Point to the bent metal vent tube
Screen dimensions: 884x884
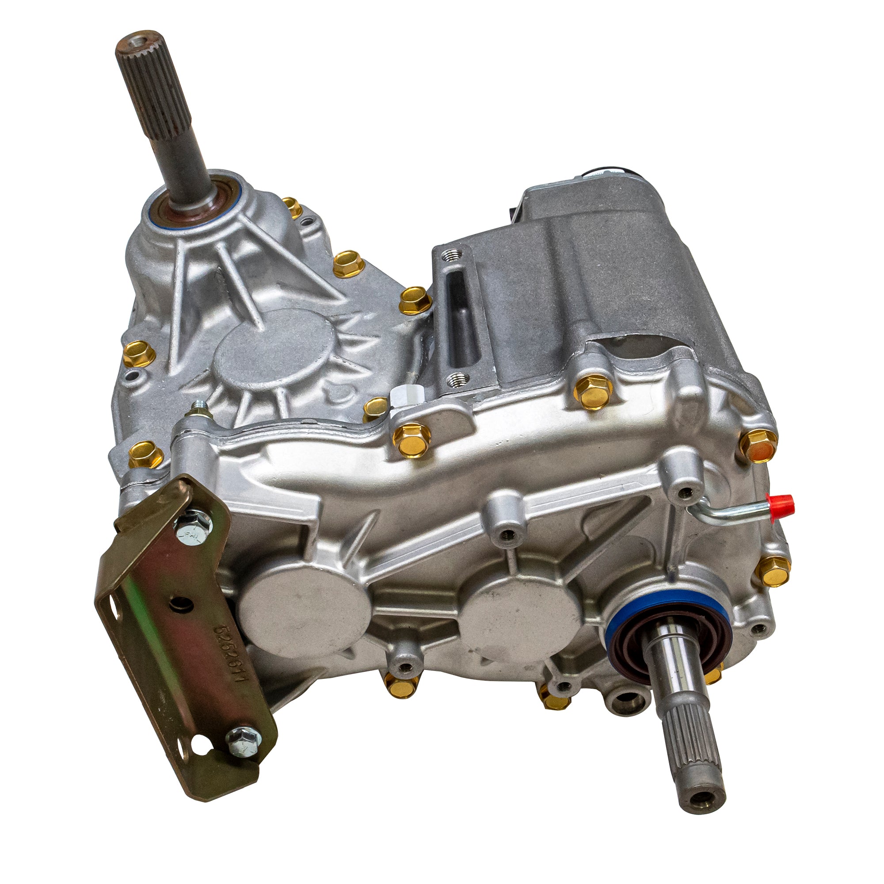(728, 515)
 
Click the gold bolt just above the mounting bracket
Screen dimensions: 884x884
(145, 453)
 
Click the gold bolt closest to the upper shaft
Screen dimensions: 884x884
(292, 207)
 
